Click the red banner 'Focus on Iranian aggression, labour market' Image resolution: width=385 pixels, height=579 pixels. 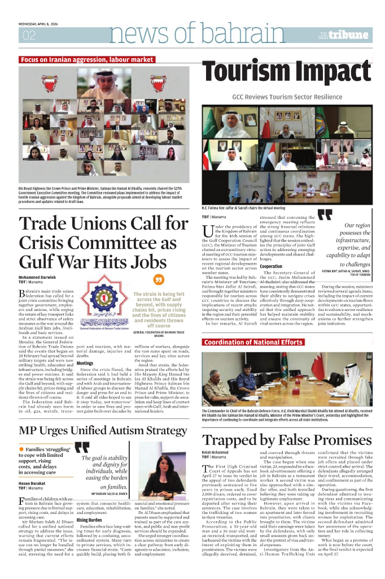[86, 59]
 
